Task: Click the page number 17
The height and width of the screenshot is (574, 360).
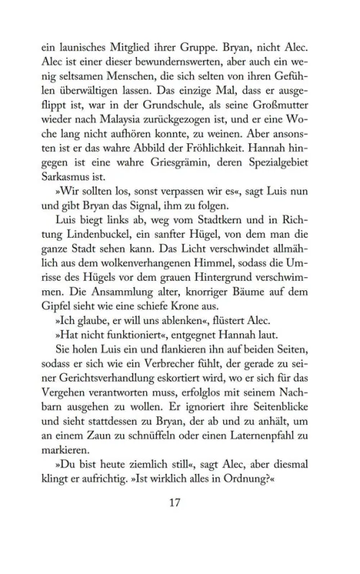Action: coord(179,524)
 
